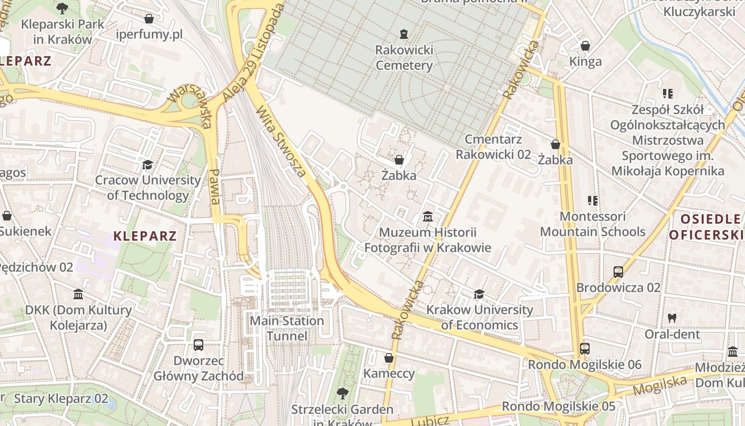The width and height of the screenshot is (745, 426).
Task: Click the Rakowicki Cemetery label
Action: tap(404, 58)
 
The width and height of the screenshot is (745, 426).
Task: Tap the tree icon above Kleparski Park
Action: tap(62, 8)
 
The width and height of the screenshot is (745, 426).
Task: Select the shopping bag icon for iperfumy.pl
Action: tap(149, 19)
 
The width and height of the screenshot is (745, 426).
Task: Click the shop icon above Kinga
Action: tap(585, 46)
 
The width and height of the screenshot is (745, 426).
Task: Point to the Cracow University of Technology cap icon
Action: tap(147, 165)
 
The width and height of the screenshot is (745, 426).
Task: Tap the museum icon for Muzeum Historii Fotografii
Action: tap(427, 217)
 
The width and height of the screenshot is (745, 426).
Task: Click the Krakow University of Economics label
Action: tap(479, 317)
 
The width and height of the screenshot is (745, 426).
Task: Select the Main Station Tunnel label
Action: tap(287, 329)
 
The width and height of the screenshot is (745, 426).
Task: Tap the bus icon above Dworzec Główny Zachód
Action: tap(198, 345)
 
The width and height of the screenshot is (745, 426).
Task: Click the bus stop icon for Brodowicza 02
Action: tap(618, 272)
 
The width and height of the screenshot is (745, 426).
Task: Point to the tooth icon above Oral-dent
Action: tap(672, 318)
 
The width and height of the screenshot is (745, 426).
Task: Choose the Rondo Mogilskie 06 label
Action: tap(584, 365)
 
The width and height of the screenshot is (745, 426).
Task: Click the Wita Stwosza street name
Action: tap(281, 142)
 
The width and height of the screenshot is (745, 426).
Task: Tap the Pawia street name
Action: tap(214, 186)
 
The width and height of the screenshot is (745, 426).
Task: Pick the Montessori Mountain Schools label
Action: tap(592, 224)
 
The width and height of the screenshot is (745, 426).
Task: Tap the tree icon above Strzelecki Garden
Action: tap(342, 394)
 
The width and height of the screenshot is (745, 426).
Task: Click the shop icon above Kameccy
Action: tap(389, 358)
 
